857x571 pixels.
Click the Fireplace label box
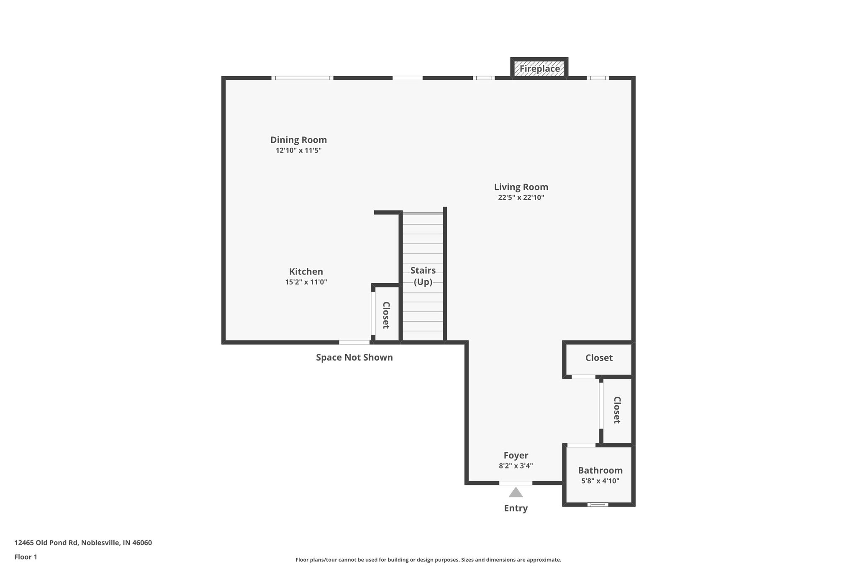point(539,69)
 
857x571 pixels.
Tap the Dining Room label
point(298,140)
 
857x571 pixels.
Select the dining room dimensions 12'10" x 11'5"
point(298,151)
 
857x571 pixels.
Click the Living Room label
point(521,187)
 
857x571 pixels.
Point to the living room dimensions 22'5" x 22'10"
point(521,198)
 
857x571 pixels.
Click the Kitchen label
point(306,271)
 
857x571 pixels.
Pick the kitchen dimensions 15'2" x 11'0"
point(306,282)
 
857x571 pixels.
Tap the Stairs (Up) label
point(423,276)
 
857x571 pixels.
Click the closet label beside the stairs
point(386,315)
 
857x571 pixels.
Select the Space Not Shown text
point(354,357)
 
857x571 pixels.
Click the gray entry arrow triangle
point(516,493)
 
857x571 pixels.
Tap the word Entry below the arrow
point(516,508)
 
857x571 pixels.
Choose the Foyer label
point(516,455)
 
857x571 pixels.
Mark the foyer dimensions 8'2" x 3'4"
point(516,466)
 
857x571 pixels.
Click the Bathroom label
point(600,470)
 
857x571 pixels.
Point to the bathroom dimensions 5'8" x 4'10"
point(600,481)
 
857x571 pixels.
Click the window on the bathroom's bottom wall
point(598,504)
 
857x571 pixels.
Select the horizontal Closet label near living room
point(599,358)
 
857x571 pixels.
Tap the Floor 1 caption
point(26,557)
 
